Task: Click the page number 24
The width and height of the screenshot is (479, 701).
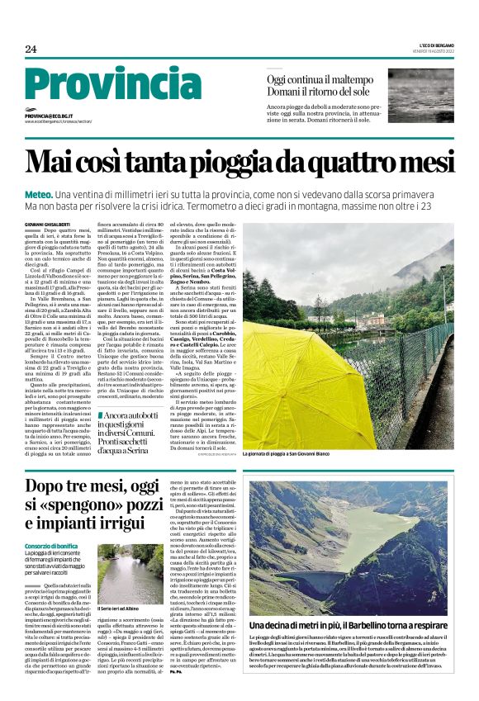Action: coord(31,49)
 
